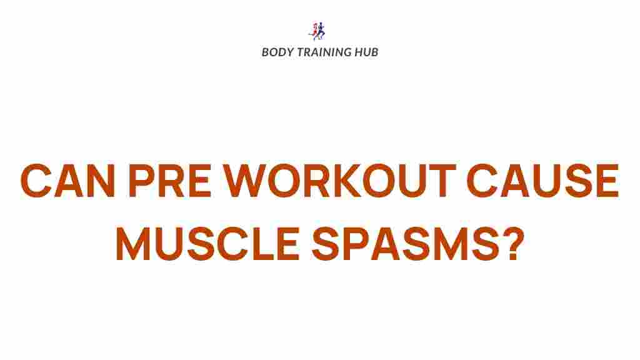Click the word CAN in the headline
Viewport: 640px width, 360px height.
67,181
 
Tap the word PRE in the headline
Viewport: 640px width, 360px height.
169,181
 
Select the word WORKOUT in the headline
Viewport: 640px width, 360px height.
339,181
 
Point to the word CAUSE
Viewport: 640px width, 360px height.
543,181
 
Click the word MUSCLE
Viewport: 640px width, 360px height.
208,244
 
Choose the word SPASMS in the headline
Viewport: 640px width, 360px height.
405,244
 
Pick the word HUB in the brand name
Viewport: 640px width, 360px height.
366,52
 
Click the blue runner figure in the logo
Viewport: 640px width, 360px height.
321,31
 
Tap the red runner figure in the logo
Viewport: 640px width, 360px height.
314,30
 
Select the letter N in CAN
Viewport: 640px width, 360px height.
99,181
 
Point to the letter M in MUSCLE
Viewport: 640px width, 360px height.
133,244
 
